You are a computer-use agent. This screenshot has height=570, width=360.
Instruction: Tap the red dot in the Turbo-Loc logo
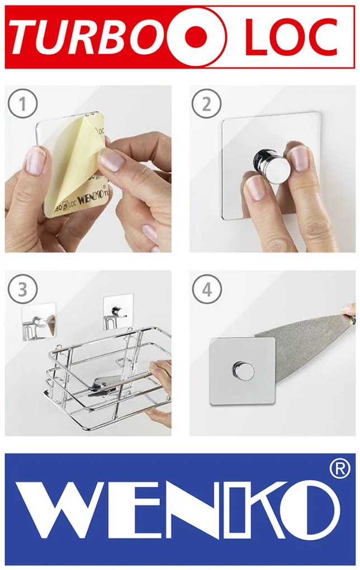click(x=196, y=36)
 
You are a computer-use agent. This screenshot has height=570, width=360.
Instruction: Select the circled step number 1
click(x=22, y=105)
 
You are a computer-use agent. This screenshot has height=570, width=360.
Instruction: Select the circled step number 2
click(x=206, y=104)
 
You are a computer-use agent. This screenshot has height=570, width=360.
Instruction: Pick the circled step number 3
click(x=22, y=289)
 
